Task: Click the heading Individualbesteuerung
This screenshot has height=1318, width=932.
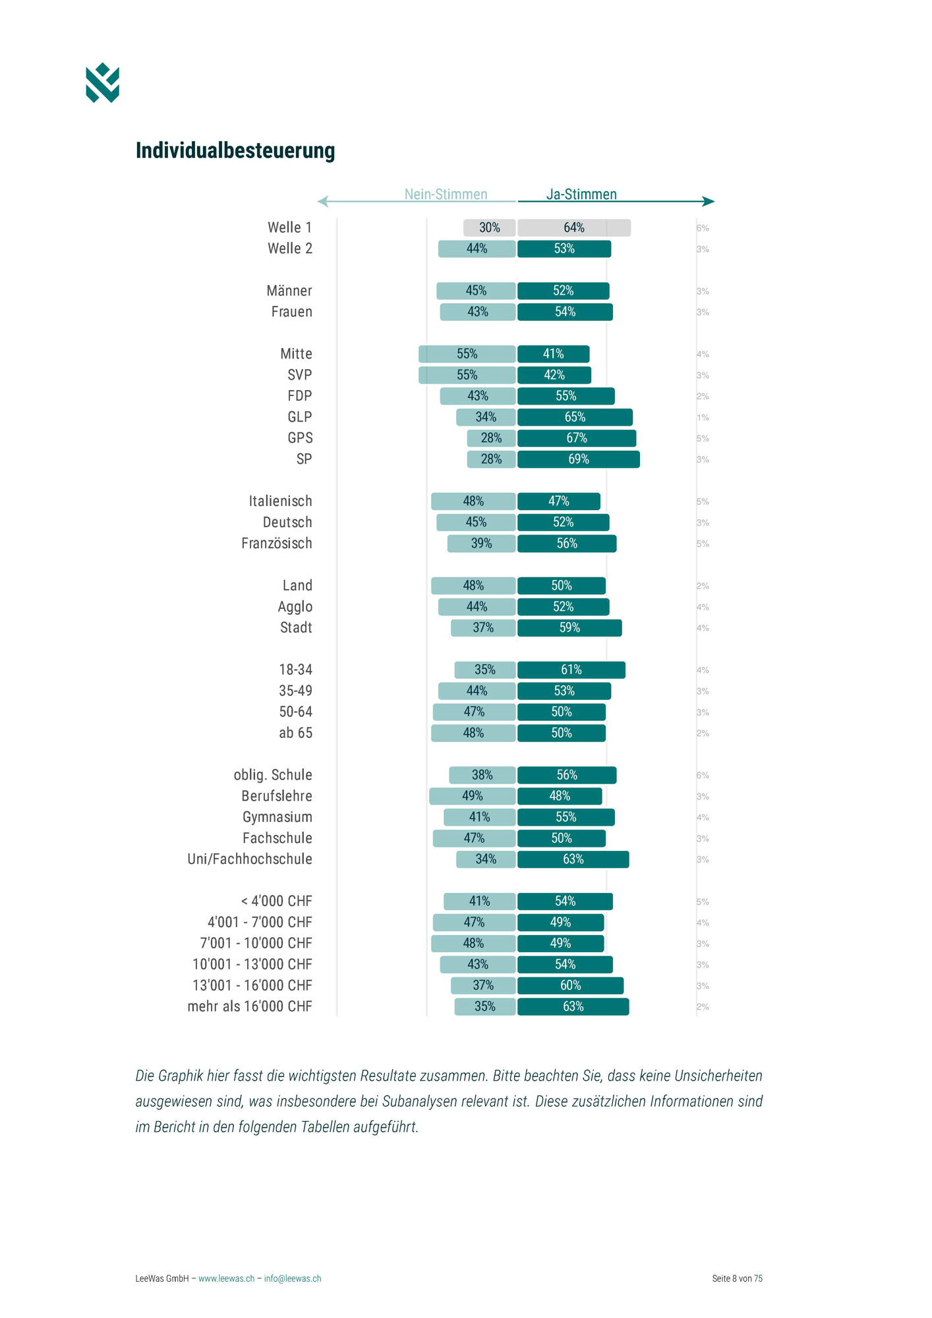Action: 235,150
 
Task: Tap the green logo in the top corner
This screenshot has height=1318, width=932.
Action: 102,83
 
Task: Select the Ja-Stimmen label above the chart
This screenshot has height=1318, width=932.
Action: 581,194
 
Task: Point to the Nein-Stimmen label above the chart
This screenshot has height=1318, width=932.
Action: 446,194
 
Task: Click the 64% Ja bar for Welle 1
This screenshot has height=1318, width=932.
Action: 573,228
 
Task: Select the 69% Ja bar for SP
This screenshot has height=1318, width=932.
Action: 578,459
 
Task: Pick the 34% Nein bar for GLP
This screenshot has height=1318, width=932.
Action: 486,417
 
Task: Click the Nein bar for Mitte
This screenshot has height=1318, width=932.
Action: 467,354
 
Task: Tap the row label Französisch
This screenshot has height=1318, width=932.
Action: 277,544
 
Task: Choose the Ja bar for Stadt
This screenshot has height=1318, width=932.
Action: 569,628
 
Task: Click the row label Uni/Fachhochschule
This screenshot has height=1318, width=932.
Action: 250,859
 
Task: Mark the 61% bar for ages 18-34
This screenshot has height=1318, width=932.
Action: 571,670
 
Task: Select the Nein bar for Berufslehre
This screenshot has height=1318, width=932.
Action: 472,796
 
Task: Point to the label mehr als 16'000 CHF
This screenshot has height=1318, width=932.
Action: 250,1006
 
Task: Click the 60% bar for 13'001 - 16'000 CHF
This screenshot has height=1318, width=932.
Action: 570,985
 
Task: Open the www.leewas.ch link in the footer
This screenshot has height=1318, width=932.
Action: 226,1278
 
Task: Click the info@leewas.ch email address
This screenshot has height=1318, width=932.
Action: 293,1278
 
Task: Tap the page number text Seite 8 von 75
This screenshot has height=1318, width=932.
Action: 737,1278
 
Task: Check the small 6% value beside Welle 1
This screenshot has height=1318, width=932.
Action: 703,228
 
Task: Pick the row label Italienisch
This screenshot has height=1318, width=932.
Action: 280,501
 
